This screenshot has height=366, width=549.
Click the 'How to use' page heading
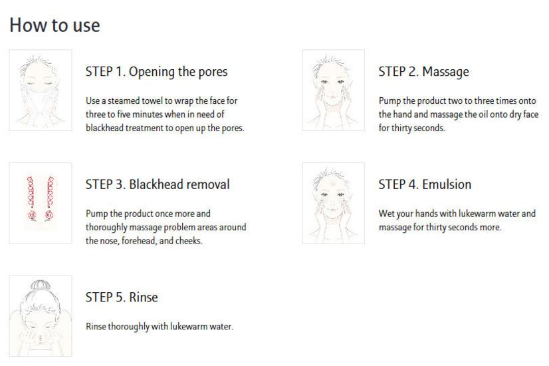tap(55, 25)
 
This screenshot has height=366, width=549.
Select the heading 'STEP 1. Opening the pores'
tap(156, 72)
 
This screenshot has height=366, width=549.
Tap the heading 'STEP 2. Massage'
tap(423, 71)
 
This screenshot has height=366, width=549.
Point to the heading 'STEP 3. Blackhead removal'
tap(158, 184)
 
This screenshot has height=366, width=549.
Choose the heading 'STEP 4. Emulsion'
tap(425, 184)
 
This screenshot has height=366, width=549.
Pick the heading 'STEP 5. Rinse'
tap(122, 297)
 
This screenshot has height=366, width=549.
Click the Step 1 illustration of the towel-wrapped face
tap(41, 90)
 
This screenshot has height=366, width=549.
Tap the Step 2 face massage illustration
tap(334, 90)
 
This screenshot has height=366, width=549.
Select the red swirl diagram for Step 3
tap(41, 198)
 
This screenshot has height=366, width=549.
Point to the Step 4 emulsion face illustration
tap(334, 203)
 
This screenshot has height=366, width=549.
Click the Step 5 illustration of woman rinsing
tap(41, 316)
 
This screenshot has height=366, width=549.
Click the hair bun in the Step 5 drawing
tap(41, 285)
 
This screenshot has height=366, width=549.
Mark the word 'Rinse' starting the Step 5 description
tap(96, 327)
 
